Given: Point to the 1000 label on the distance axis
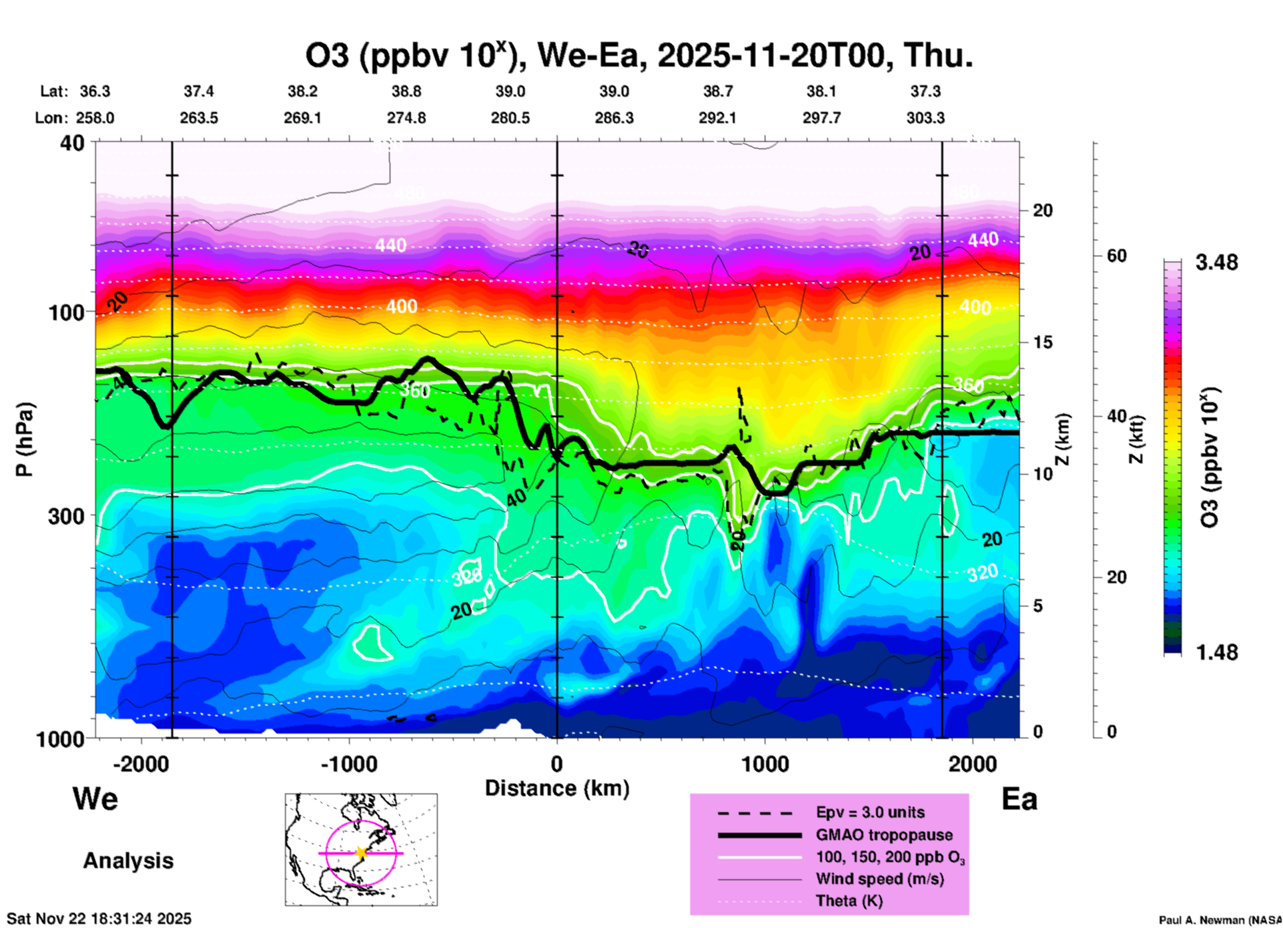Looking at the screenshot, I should tap(765, 764).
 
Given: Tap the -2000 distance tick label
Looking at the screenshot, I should tap(141, 764).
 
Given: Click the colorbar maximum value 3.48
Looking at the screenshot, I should tap(1216, 263).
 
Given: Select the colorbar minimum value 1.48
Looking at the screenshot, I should tap(1216, 652).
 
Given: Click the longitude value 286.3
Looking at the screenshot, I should tap(614, 118).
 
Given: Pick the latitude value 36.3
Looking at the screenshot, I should tap(95, 91).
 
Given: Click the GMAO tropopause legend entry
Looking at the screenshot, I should tap(884, 835).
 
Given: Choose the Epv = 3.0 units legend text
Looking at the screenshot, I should tap(870, 812).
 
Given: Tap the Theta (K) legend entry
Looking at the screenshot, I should tap(849, 901).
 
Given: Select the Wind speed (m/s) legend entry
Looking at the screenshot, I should tap(879, 879).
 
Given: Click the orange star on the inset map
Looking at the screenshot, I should tap(361, 853).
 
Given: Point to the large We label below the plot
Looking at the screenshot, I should tap(95, 798).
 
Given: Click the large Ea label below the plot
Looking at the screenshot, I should tap(1019, 799).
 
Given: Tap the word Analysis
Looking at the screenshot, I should tap(128, 861).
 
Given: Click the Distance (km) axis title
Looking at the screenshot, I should tap(557, 788).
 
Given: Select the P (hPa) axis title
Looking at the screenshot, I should tap(24, 439).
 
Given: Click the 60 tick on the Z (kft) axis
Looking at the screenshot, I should tap(1116, 256).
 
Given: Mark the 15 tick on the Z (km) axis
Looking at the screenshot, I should tap(1043, 342).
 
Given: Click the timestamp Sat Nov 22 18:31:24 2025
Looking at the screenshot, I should tap(99, 919).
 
